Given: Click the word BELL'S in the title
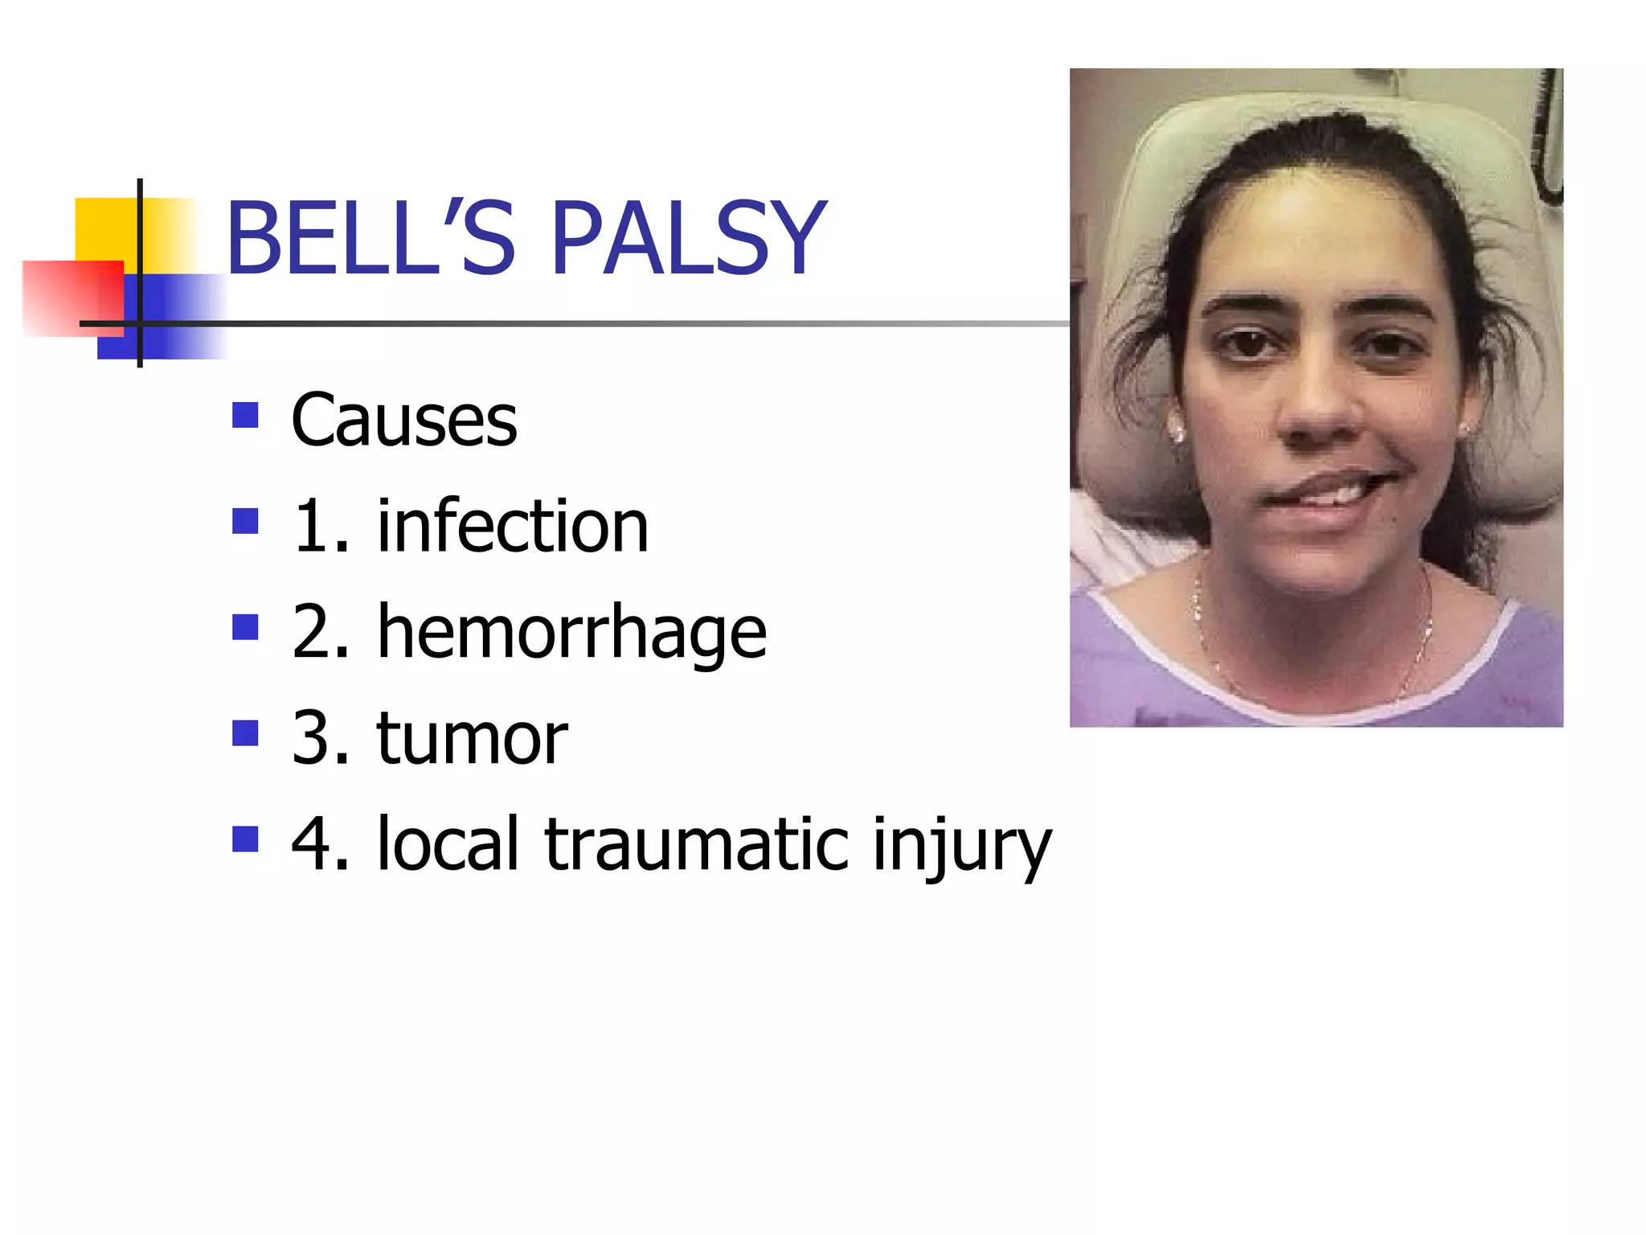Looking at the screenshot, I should click(x=370, y=238).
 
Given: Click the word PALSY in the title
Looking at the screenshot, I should click(x=688, y=238).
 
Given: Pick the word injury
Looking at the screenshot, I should click(x=962, y=846).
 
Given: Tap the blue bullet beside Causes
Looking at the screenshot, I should click(x=245, y=415).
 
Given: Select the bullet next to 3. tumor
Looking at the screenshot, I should click(x=245, y=733).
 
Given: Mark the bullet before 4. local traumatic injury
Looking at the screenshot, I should click(x=245, y=839).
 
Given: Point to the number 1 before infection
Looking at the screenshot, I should click(x=313, y=527).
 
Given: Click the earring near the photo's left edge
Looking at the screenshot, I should click(x=1178, y=435).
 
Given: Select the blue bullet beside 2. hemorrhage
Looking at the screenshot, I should click(x=245, y=627).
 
